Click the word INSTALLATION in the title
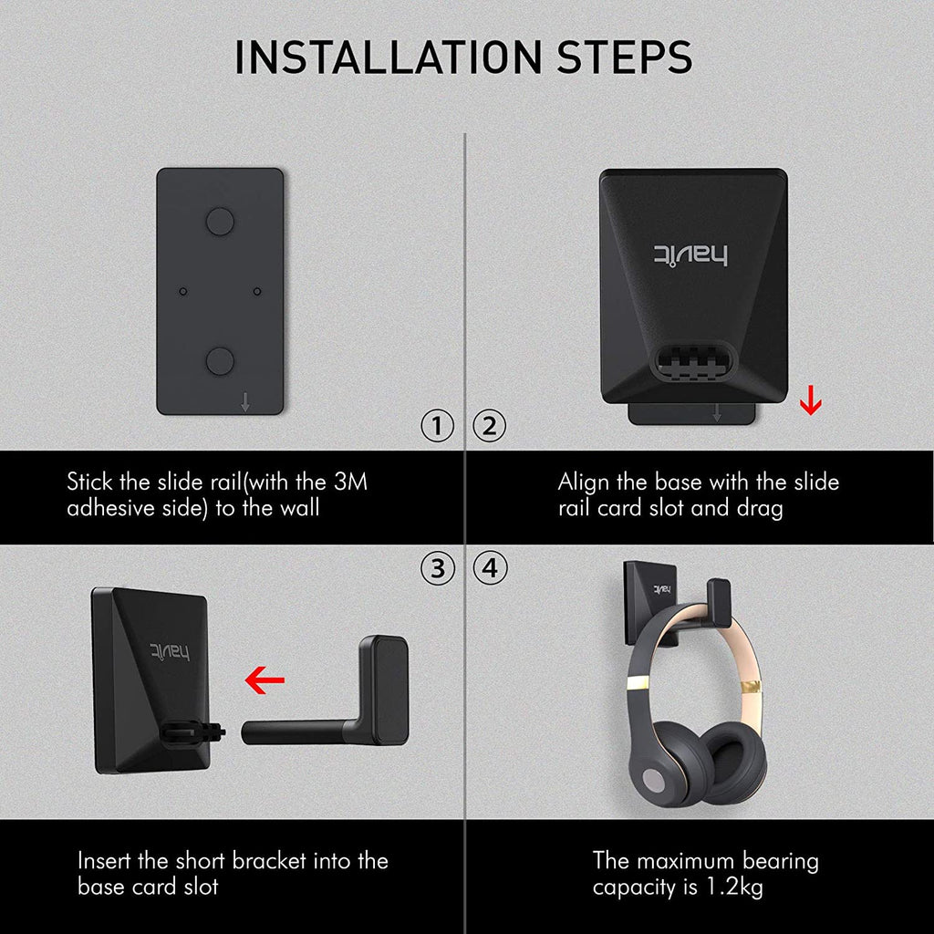388,57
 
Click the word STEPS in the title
624,57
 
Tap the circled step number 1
437,426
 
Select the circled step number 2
490,426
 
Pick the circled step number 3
437,568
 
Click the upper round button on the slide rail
220,221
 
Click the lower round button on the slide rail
220,361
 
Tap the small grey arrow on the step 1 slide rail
244,402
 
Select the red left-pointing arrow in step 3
265,680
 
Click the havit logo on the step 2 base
691,255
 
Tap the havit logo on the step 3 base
170,653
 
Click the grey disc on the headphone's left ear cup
654,780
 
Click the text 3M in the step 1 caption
350,482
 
